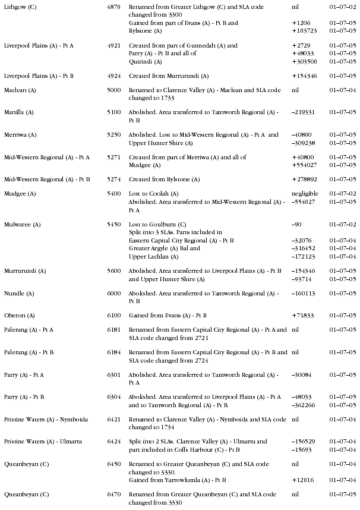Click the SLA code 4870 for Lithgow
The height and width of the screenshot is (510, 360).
pyautogui.click(x=113, y=7)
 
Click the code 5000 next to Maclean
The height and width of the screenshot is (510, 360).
pyautogui.click(x=113, y=90)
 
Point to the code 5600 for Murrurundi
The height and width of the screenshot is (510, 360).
pyautogui.click(x=113, y=271)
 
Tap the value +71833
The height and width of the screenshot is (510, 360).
pyautogui.click(x=303, y=315)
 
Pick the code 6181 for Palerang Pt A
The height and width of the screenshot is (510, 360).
pyautogui.click(x=113, y=329)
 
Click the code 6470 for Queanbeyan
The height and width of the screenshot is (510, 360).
pyautogui.click(x=113, y=495)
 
